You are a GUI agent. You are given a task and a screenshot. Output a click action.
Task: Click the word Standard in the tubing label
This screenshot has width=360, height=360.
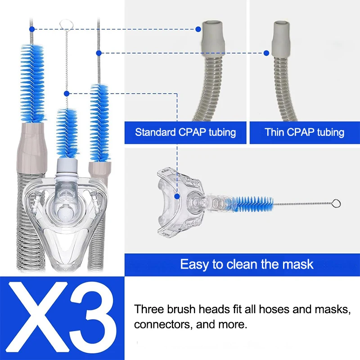tap(155, 132)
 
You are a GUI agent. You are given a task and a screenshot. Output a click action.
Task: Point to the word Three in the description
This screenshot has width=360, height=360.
tap(149, 309)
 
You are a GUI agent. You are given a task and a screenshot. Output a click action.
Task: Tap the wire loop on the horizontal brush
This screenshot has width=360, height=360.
tap(336, 204)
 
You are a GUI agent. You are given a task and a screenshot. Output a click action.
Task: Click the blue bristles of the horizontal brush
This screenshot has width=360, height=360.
tap(249, 204)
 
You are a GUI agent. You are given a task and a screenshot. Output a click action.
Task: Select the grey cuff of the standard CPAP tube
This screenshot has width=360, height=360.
tap(212, 37)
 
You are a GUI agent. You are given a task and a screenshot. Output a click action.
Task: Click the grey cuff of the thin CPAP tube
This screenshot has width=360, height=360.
tap(281, 39)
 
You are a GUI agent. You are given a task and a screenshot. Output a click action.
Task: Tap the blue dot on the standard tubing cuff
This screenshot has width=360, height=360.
tap(198, 29)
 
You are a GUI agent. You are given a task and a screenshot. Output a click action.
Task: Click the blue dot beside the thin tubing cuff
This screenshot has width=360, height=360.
tap(266, 53)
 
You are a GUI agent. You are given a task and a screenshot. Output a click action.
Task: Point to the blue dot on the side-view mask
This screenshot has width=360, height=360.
tap(177, 197)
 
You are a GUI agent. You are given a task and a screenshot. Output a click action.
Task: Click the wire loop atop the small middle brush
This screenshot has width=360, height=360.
tap(65, 24)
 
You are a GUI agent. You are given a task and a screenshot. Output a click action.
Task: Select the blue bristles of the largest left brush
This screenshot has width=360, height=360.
tap(32, 83)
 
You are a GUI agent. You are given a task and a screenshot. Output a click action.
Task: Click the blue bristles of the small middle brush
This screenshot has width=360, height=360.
tap(67, 134)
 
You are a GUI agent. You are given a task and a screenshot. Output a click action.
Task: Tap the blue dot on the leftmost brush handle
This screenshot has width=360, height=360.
tap(32, 29)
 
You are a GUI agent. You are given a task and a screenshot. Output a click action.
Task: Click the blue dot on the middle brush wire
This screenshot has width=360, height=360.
tap(67, 94)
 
